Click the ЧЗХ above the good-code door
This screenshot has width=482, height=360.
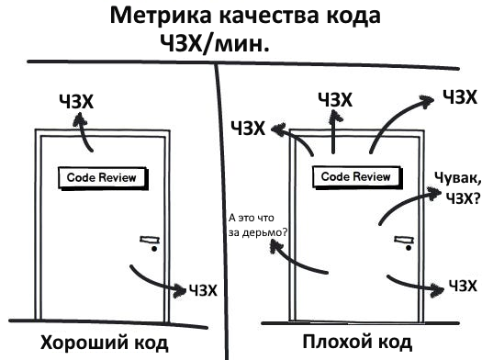coord(75,101)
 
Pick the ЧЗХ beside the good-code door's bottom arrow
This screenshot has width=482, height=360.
coord(203,291)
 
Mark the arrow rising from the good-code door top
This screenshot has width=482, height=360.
coord(84,135)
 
